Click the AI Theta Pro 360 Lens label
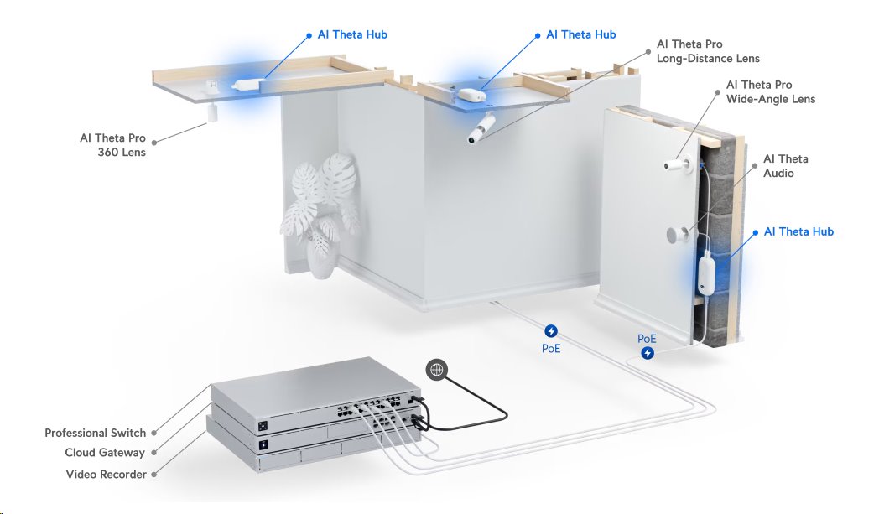coord(112,145)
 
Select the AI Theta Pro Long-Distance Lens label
coord(708,51)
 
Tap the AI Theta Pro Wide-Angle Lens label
coord(770,92)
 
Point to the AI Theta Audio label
coord(785,166)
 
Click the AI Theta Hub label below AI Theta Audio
coord(798,231)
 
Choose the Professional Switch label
coord(95,434)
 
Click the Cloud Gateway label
coord(105,453)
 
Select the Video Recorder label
coord(106,475)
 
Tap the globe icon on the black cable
coord(436,369)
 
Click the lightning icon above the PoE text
coord(551,331)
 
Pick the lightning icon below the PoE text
coord(648,354)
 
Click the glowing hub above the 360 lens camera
coord(247,86)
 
